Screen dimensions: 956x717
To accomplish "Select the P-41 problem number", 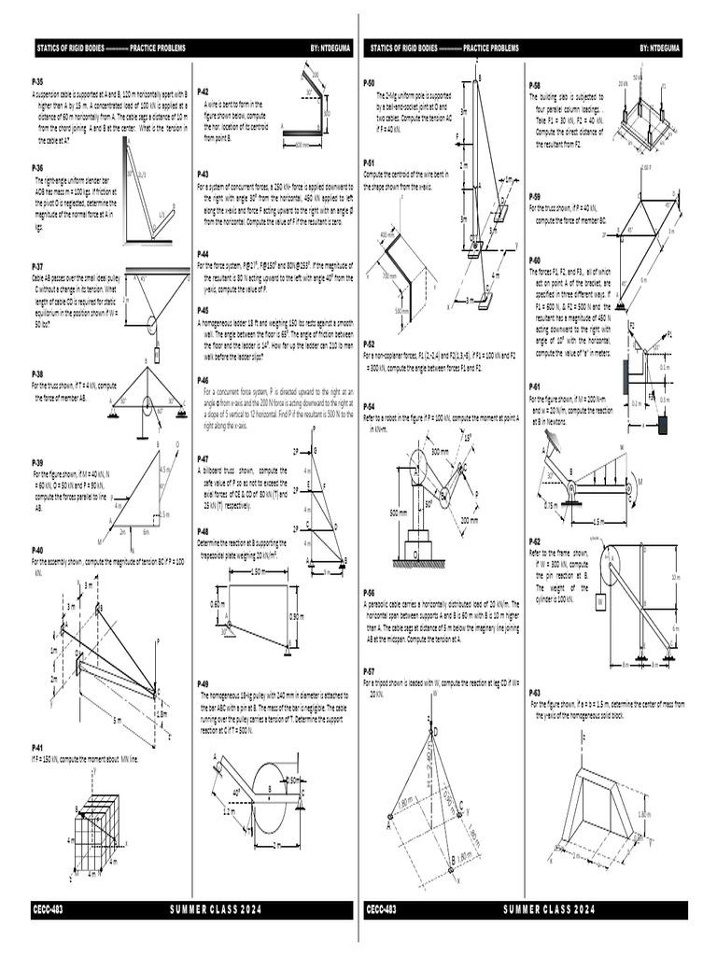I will [37, 748].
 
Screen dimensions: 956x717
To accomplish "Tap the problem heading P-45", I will [203, 310].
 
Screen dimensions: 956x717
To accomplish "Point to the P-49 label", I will [203, 684].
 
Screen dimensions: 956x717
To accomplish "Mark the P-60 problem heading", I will [535, 260].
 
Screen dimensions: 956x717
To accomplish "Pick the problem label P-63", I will [535, 693].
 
